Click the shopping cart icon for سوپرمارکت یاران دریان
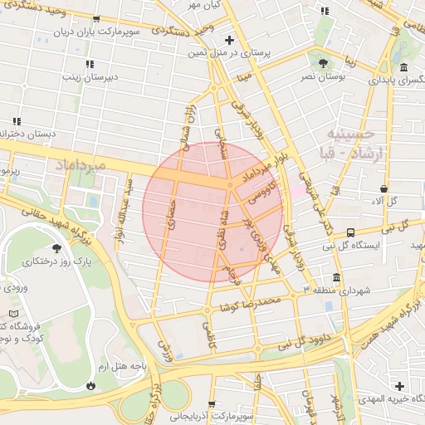point(97,19)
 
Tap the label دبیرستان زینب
point(88,76)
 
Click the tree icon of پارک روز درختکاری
point(56,248)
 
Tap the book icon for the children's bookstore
point(11,314)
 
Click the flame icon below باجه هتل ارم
point(90,386)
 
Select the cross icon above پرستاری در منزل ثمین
point(229,39)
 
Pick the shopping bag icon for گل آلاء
point(382,188)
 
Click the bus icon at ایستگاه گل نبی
point(350,233)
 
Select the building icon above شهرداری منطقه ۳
point(336,277)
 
